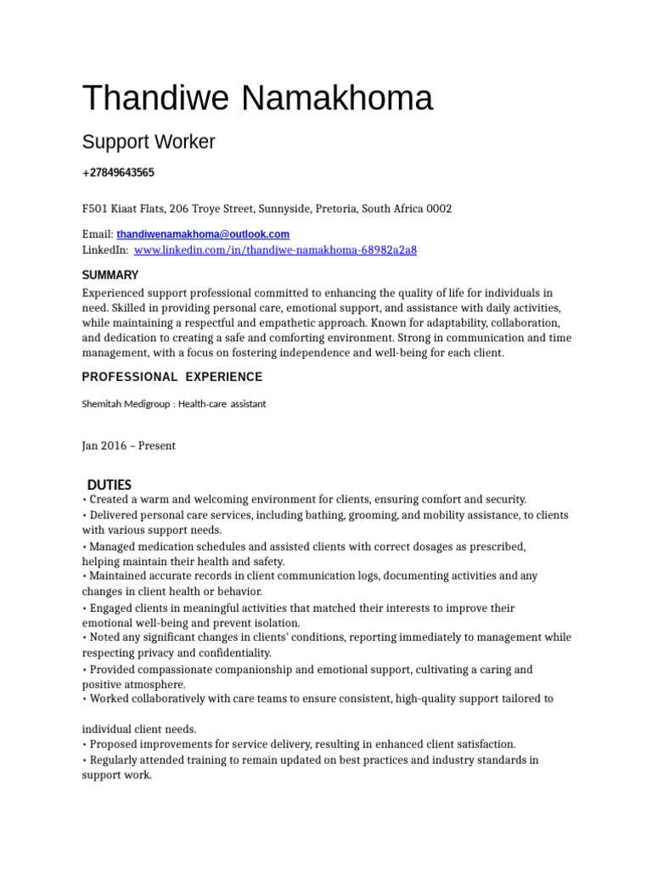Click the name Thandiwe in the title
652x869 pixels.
click(155, 99)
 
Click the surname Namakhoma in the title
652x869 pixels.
click(337, 99)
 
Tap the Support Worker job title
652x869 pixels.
click(149, 142)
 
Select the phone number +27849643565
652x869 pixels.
click(118, 173)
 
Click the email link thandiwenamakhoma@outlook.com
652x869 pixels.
click(203, 234)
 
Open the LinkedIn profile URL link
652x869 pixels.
click(275, 250)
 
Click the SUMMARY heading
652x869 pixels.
click(110, 275)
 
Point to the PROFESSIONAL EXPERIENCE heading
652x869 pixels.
click(172, 377)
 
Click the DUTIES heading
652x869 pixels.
click(110, 485)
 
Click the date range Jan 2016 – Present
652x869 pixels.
click(128, 446)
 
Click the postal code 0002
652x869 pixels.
click(439, 209)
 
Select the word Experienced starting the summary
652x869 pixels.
click(113, 293)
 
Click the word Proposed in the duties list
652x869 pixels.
click(113, 744)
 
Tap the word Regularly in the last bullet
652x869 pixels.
click(115, 760)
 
